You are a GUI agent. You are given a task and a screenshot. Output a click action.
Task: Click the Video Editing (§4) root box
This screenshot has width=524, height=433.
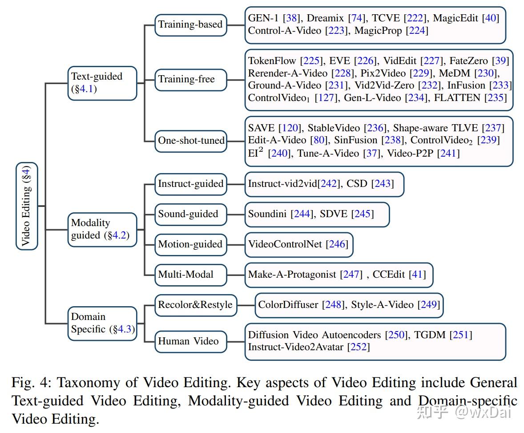click(27, 206)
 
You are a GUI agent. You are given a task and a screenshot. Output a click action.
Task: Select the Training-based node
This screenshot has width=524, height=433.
click(190, 24)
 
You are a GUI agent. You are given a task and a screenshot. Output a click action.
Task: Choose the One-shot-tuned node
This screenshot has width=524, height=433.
click(191, 141)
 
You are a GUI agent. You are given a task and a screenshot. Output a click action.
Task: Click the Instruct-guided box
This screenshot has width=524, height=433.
click(190, 183)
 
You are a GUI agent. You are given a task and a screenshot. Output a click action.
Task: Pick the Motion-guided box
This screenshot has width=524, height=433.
click(190, 244)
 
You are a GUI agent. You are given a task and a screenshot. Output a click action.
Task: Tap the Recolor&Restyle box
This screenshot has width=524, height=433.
click(195, 305)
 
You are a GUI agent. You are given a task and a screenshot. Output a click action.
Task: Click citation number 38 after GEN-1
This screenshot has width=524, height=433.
click(292, 18)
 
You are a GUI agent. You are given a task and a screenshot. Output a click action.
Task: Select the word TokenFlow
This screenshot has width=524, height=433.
click(272, 61)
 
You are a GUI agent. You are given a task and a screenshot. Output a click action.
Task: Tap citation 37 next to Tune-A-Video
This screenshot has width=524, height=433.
click(371, 153)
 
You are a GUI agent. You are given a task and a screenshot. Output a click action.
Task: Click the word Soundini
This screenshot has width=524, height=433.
click(268, 214)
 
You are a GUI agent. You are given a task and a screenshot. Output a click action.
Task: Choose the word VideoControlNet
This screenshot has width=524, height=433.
click(285, 244)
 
